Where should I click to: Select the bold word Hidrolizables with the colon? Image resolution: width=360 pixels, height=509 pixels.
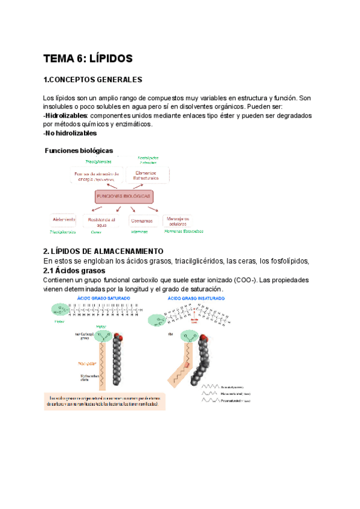[66, 115]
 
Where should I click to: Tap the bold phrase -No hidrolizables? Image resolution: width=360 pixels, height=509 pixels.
[70, 133]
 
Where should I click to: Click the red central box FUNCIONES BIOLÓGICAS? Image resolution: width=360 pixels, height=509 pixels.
[123, 196]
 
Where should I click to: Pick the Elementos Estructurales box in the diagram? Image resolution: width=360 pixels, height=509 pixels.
[147, 175]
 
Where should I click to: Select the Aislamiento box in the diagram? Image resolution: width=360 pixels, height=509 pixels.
[64, 220]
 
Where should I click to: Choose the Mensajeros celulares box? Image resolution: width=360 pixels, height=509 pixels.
[178, 221]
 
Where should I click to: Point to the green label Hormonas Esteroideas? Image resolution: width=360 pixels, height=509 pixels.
[184, 231]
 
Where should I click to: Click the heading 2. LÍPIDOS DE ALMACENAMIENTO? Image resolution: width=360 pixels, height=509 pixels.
[103, 251]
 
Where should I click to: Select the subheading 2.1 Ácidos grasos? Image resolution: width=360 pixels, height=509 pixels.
[75, 270]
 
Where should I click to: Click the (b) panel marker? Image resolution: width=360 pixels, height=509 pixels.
[172, 334]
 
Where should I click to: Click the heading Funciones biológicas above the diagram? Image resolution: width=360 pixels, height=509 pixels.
[79, 150]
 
